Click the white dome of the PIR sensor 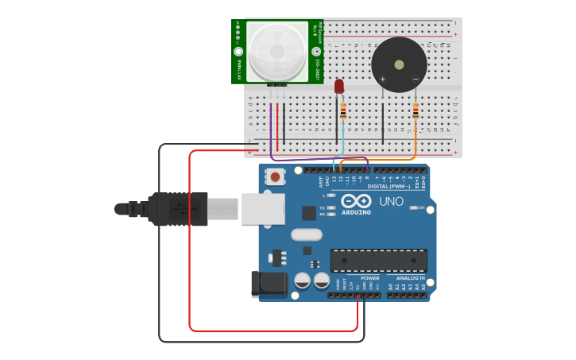coord(276,50)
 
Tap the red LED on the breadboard coord(339,86)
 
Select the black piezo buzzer coord(399,64)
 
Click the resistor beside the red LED coord(343,110)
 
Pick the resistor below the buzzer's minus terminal coord(416,110)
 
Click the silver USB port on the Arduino coord(263,208)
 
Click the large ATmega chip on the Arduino coord(378,261)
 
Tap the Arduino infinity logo coord(357,202)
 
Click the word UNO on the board coord(391,202)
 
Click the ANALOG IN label coord(411,278)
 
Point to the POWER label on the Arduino coord(370,278)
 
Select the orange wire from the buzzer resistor coord(415,147)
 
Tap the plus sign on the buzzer coord(383,79)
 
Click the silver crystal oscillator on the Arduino coord(306,234)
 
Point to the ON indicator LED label coord(421,208)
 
